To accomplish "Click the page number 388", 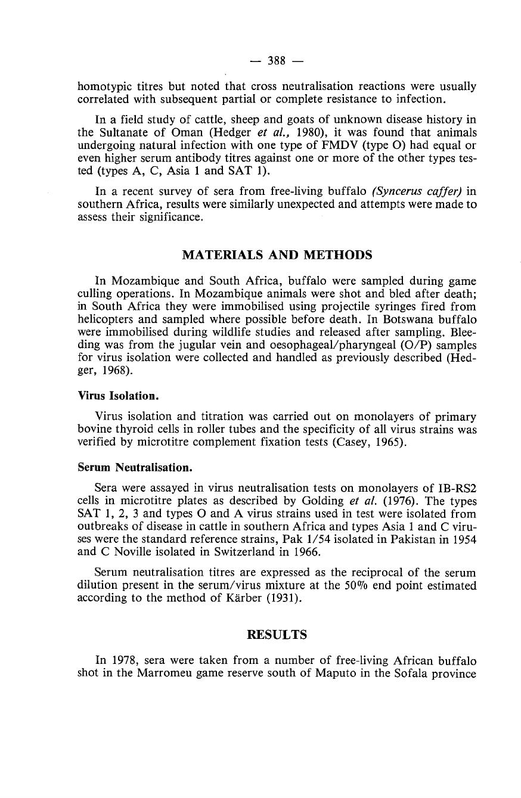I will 277,60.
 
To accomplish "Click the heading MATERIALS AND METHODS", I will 277,255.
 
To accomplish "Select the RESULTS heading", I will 277,635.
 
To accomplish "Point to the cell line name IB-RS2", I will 456,486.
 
